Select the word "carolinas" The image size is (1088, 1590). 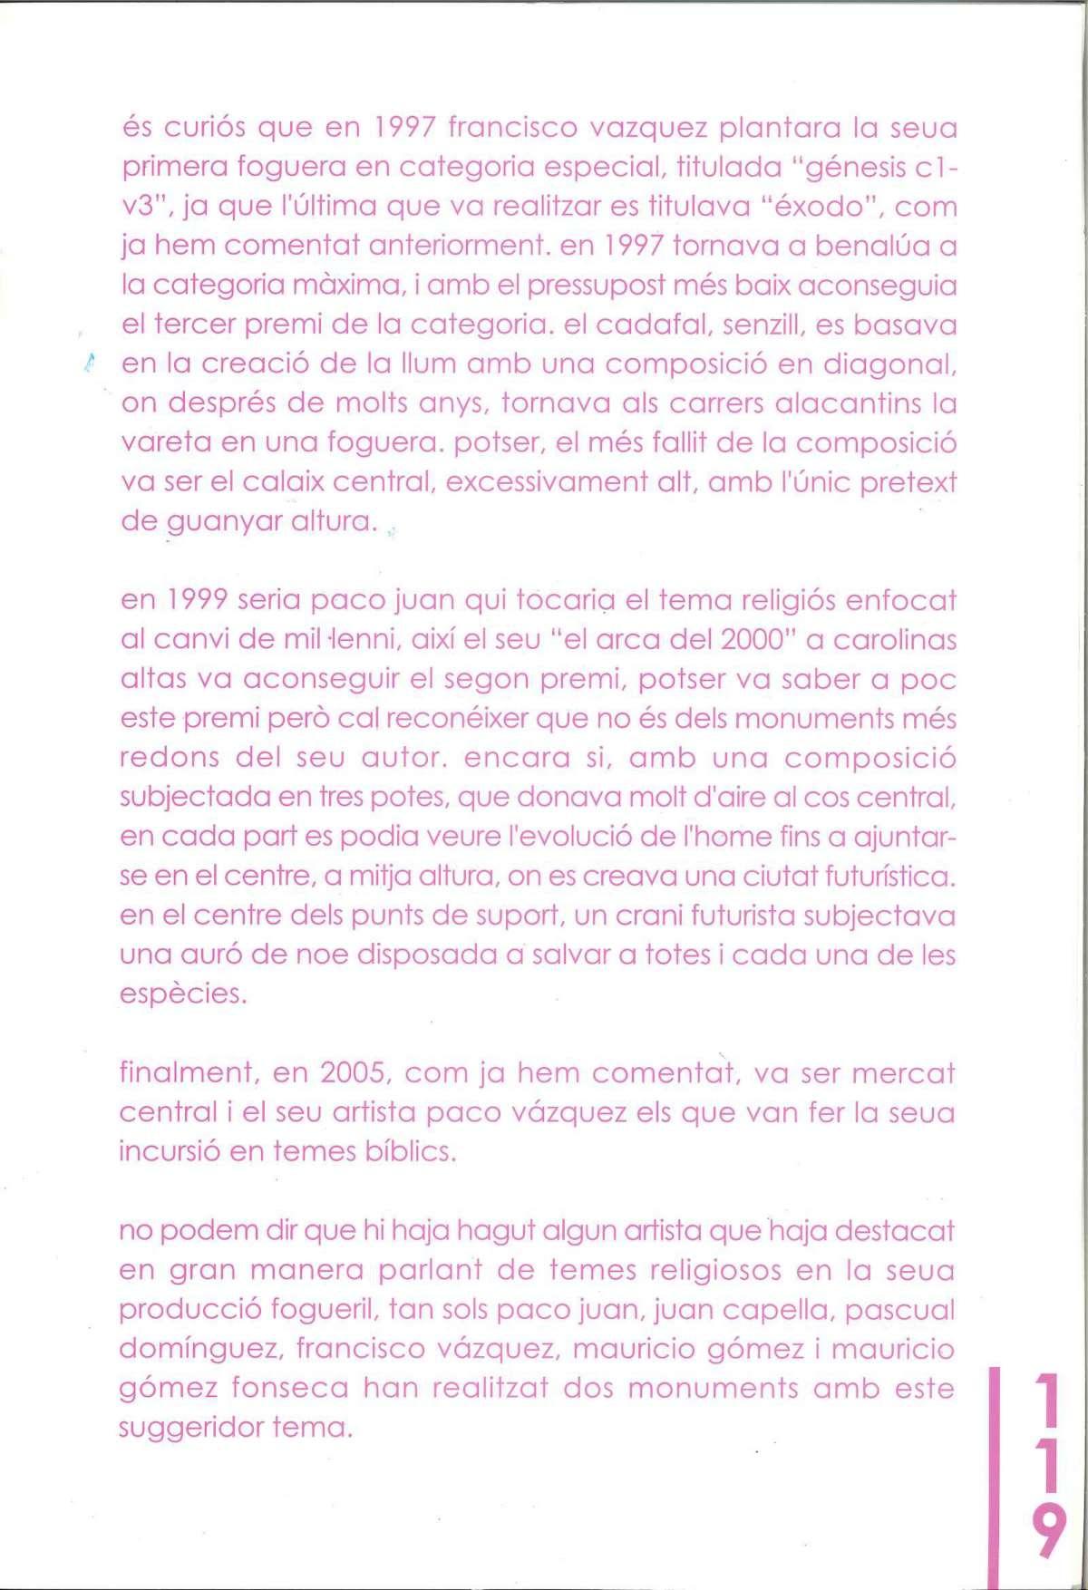click(x=895, y=640)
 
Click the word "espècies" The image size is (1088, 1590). click(x=182, y=994)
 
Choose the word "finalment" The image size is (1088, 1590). click(x=188, y=1073)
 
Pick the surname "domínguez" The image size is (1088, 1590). click(x=199, y=1350)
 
